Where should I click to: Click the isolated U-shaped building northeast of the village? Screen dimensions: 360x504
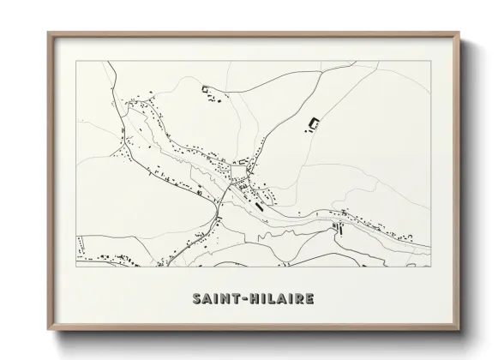pos(313,125)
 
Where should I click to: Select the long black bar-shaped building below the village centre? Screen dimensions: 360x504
pos(256,204)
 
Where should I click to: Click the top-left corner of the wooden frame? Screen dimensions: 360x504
pos(48,33)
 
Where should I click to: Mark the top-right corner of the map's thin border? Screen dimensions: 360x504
pos(430,62)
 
